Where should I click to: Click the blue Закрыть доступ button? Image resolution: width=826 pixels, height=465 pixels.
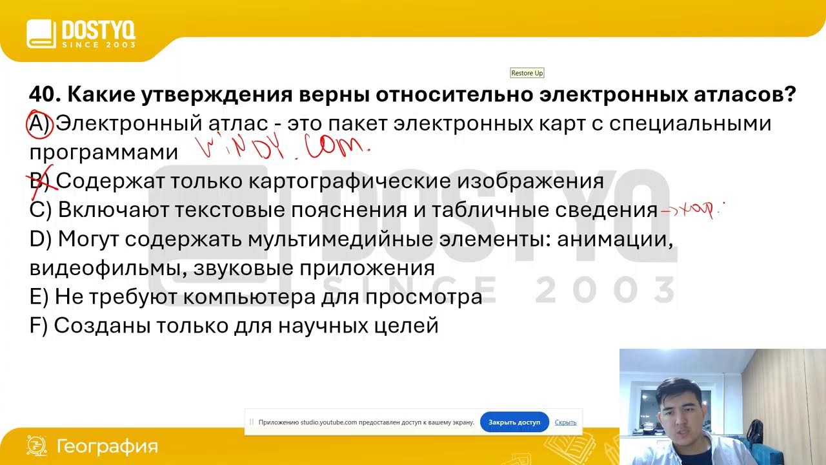pyautogui.click(x=514, y=422)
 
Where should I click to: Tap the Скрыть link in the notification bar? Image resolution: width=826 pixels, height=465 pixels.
pyautogui.click(x=565, y=422)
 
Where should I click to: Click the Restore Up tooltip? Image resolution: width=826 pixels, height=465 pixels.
pyautogui.click(x=527, y=73)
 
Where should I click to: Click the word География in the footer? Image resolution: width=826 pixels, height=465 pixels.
pyautogui.click(x=107, y=446)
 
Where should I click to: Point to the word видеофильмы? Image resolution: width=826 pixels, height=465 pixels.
pyautogui.click(x=106, y=268)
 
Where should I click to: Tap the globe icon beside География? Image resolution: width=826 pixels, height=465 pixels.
pyautogui.click(x=36, y=446)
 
